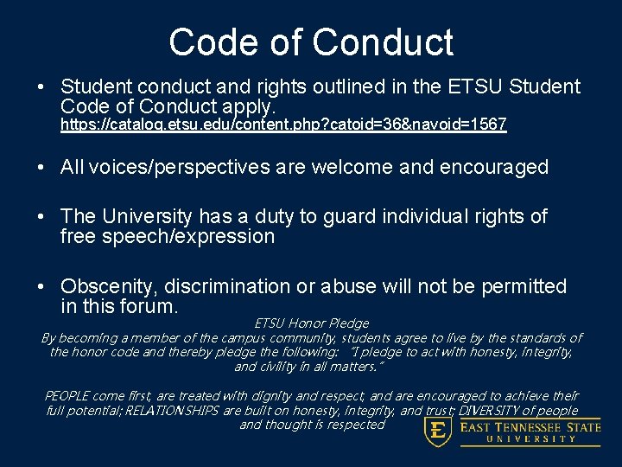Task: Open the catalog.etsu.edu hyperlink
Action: click(x=282, y=125)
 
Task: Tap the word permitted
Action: click(x=522, y=286)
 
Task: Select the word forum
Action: click(x=150, y=307)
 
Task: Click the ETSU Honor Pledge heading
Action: click(x=312, y=323)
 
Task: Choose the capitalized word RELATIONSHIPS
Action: click(x=171, y=411)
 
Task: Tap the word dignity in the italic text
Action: click(x=270, y=396)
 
